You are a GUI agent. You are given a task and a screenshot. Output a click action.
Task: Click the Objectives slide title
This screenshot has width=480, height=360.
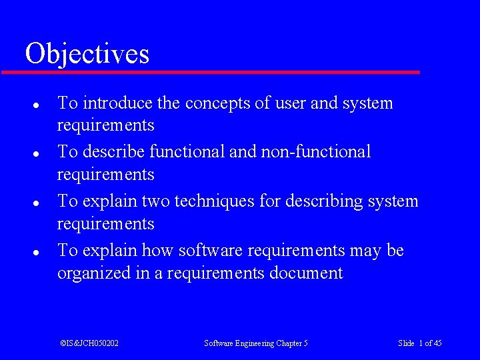[x=87, y=53]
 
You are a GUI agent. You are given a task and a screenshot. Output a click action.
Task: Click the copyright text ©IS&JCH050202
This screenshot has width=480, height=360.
[x=89, y=343]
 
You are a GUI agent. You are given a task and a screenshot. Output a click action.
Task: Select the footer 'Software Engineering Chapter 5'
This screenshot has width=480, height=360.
[x=256, y=343]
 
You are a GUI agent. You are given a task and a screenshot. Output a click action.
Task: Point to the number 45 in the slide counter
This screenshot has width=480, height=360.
[x=437, y=343]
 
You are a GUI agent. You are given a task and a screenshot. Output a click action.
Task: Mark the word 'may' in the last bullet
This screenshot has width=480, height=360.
[x=365, y=251]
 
